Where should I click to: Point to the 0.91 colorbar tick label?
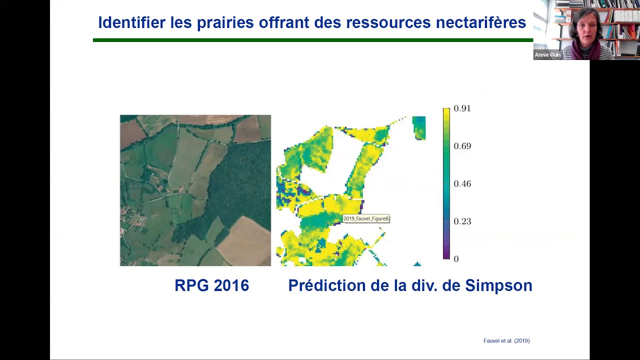click(462, 108)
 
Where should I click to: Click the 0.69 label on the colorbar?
click(462, 146)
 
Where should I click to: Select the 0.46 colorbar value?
click(462, 183)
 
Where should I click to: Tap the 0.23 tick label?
click(462, 221)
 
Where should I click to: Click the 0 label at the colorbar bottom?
click(456, 258)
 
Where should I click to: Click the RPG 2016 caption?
click(211, 285)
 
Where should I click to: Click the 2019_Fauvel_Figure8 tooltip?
click(366, 218)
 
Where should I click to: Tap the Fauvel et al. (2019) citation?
click(506, 340)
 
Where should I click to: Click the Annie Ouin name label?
click(547, 55)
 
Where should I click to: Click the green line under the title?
click(312, 40)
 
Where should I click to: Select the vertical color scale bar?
click(446, 183)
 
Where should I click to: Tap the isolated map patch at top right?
click(418, 127)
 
